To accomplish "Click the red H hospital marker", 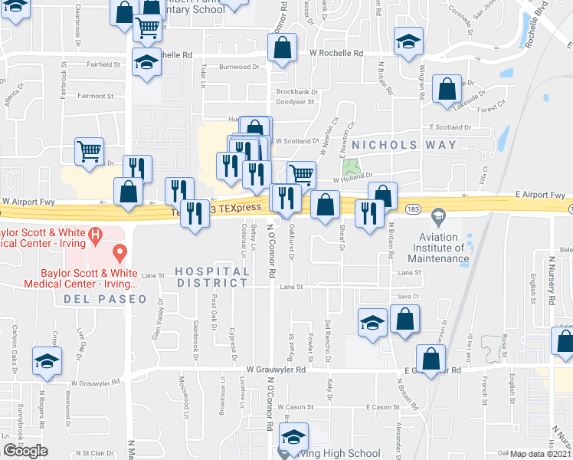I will pos(96,235).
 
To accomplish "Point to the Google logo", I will pos(25,451).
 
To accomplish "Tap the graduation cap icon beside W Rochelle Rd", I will pos(408,41).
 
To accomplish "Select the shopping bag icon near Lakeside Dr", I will pos(447,89).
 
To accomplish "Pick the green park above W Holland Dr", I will pos(352,167).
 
